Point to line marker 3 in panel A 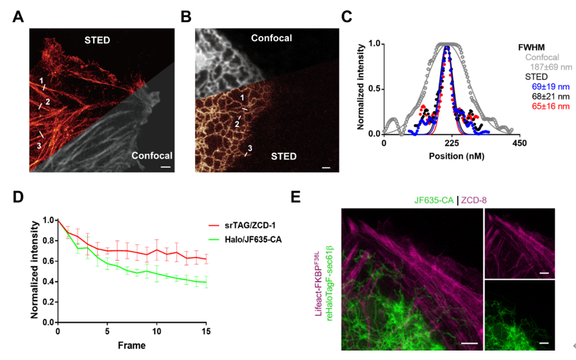[38, 144]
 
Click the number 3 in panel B [251, 148]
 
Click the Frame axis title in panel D [132, 345]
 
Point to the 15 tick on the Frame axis [206, 332]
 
